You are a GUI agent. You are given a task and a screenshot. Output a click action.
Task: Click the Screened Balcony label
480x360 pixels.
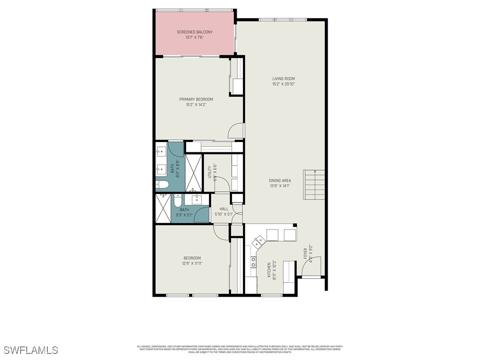[195, 32]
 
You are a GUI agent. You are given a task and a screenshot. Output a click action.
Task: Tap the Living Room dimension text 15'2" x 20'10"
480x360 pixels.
[284, 84]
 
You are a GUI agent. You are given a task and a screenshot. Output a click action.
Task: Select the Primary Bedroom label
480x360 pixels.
[196, 99]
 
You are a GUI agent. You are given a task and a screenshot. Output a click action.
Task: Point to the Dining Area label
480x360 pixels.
[280, 180]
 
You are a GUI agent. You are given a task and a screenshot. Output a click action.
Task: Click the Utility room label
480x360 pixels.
[210, 172]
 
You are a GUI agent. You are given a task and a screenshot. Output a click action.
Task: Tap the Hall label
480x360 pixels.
[224, 209]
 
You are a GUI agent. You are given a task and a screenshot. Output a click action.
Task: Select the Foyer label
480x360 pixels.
[306, 254]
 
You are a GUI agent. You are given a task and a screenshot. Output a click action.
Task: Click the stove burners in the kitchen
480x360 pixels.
[253, 262]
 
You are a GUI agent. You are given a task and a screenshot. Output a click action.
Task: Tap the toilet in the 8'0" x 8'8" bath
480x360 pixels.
[160, 184]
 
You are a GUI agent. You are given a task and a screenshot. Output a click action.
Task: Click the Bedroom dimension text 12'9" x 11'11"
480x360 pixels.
[192, 263]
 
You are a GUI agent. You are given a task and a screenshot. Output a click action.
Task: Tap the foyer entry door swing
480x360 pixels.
[315, 266]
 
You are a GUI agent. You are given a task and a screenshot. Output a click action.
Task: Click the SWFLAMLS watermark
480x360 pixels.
[30, 350]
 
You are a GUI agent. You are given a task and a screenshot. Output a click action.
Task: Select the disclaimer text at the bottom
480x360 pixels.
[240, 349]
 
